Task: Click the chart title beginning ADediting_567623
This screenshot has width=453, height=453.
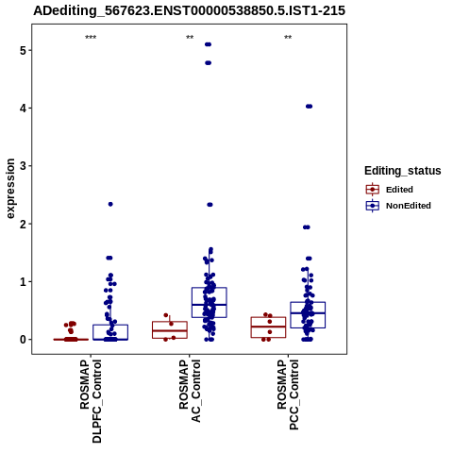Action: coord(190,11)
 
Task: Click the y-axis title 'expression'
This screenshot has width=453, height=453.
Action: coord(10,189)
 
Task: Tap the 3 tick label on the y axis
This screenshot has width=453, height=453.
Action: coord(23,166)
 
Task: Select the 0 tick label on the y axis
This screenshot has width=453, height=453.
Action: coord(23,340)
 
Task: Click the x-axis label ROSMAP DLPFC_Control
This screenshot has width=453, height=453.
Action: coord(91,401)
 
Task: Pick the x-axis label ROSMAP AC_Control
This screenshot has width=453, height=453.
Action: coord(190,391)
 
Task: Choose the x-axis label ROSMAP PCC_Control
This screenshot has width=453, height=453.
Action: coord(288,394)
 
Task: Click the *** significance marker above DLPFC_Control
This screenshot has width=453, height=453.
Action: coord(91,38)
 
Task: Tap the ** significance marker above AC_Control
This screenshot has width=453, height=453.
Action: coord(190,38)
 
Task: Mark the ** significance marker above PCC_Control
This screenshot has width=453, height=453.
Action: coord(288,38)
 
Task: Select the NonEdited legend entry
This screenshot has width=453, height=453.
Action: coord(398,206)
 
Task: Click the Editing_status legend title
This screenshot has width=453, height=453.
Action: coord(403,171)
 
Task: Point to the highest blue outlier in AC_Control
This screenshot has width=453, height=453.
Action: coord(208,44)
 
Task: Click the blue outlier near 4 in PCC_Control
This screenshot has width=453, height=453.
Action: coord(310,107)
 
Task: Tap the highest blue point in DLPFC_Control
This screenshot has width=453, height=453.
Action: coord(110,204)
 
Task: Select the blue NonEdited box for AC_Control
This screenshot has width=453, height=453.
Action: coord(210,302)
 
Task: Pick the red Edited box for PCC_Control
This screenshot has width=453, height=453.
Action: coord(268,327)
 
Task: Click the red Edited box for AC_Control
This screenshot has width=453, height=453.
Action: coord(170,329)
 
